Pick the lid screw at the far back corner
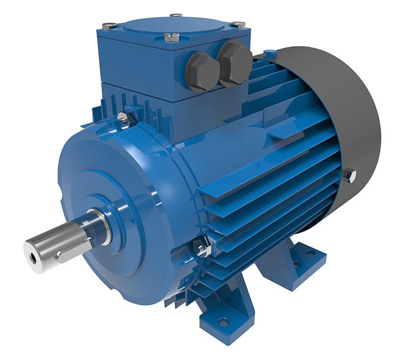coord(176,16)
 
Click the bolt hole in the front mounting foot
coord(224,322)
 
